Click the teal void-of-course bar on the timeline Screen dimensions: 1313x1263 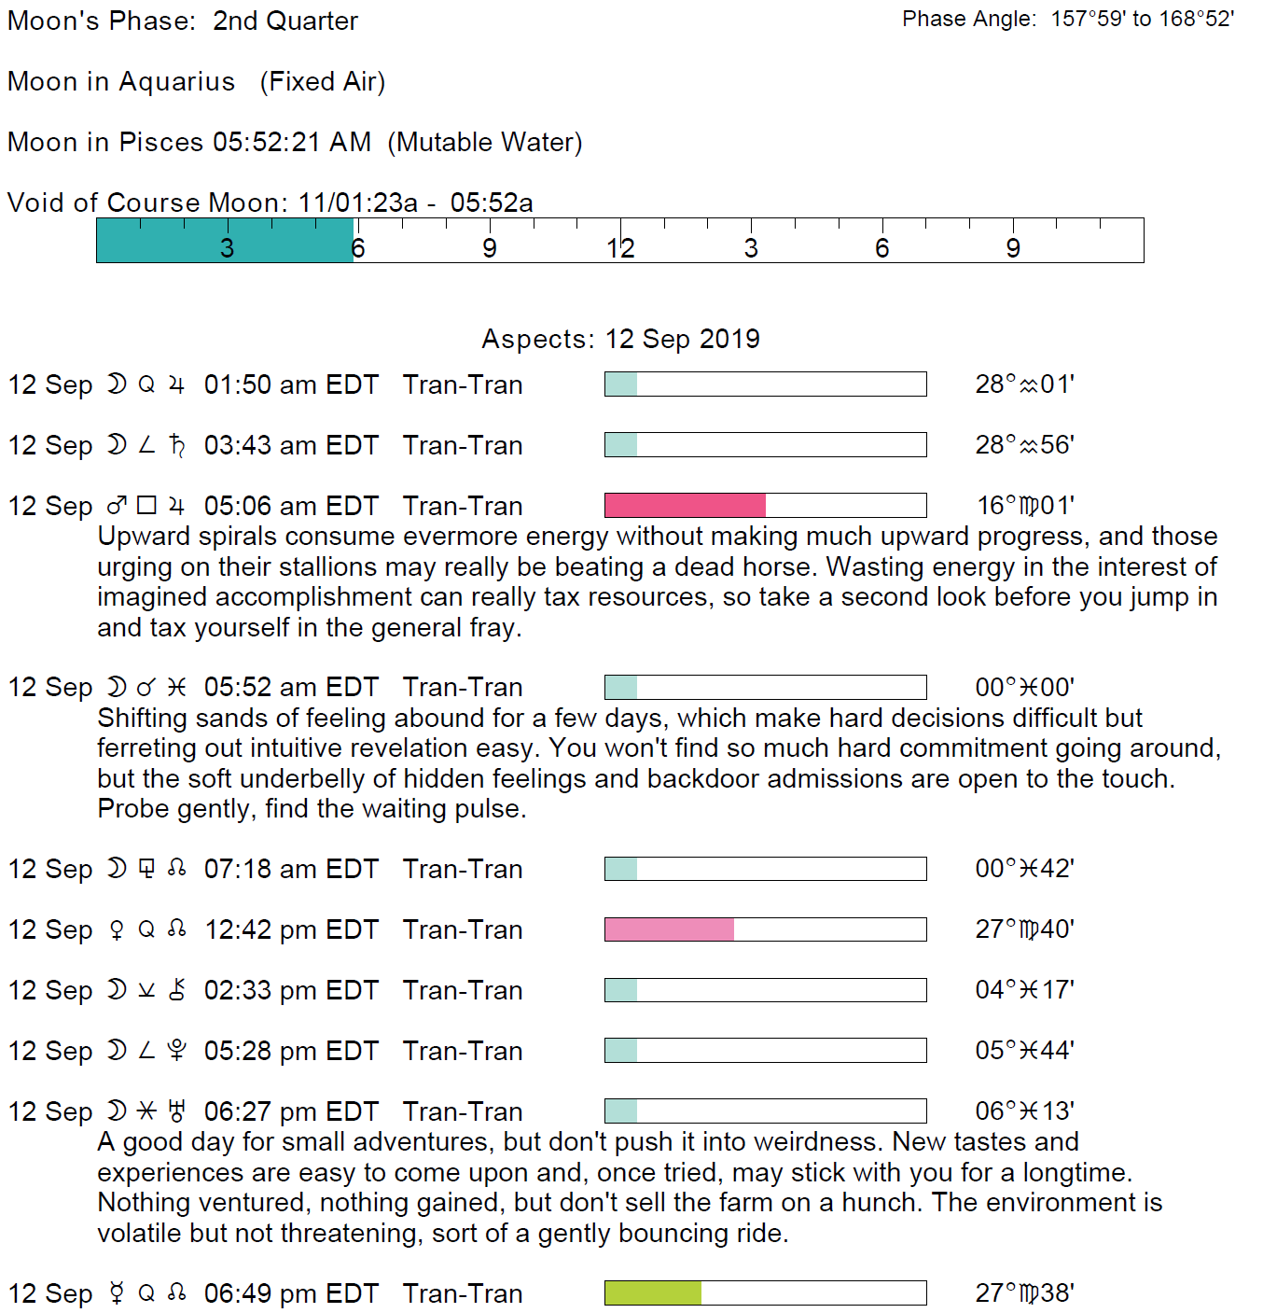click(x=225, y=240)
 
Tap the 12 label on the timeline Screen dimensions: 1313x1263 click(x=620, y=248)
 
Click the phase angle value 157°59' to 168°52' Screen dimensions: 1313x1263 click(x=1142, y=20)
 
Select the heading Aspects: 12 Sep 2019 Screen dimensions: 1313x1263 click(x=620, y=339)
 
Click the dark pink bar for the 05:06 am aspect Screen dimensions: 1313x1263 click(x=685, y=506)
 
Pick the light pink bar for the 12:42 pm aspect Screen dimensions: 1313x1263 click(x=669, y=929)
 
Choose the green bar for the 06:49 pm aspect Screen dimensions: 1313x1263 click(x=653, y=1292)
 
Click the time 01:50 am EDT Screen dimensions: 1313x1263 click(x=291, y=384)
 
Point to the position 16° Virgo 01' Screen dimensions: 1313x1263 click(x=1024, y=506)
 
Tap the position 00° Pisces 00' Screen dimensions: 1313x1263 click(x=1024, y=688)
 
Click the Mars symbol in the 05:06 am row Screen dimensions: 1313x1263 click(x=117, y=506)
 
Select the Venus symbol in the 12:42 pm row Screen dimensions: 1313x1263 click(x=117, y=929)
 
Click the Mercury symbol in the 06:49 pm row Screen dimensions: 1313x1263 click(x=117, y=1292)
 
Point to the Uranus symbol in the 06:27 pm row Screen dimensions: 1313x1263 click(x=176, y=1110)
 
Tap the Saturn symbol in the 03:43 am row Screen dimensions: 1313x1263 click(x=176, y=445)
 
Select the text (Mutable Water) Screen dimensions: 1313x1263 click(x=485, y=142)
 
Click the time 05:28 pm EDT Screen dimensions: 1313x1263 click(x=291, y=1051)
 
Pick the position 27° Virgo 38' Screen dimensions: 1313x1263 click(x=1024, y=1292)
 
